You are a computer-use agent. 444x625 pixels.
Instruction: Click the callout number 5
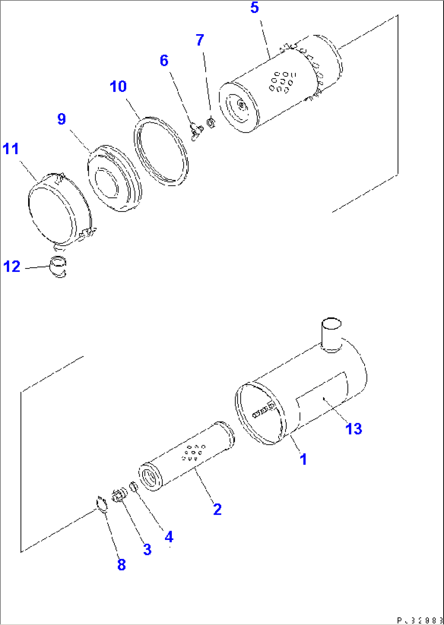click(x=255, y=8)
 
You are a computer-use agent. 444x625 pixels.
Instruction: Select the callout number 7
click(x=200, y=40)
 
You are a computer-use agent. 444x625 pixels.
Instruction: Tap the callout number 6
click(x=164, y=61)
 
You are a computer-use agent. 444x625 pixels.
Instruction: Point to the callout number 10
click(x=118, y=86)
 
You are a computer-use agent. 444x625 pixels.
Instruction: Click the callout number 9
click(x=62, y=119)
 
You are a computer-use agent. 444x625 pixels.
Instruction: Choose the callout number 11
click(x=11, y=149)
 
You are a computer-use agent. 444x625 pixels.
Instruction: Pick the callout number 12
click(x=12, y=267)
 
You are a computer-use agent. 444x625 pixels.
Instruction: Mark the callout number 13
click(x=354, y=428)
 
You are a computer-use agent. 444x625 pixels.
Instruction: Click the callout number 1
click(x=303, y=459)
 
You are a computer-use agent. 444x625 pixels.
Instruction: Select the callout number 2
click(x=217, y=509)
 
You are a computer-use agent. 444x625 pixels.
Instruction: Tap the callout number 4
click(x=169, y=537)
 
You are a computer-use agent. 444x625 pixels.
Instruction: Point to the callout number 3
click(x=147, y=549)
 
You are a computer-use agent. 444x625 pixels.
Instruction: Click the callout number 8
click(x=121, y=564)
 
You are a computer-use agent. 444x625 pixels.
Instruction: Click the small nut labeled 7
click(x=211, y=122)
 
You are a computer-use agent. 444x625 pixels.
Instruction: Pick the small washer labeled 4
click(x=133, y=486)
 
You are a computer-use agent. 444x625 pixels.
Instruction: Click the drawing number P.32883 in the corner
click(x=419, y=620)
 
